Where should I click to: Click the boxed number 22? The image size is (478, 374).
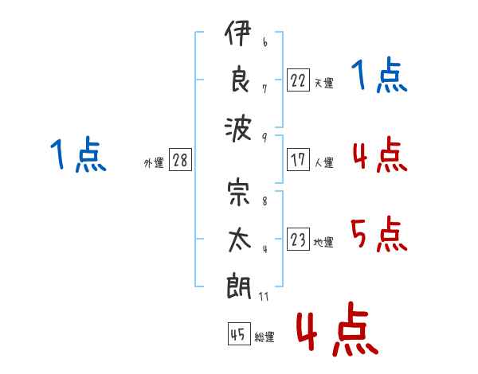(298, 80)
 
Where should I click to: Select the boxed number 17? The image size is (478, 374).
(298, 160)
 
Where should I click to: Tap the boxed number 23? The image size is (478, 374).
(298, 240)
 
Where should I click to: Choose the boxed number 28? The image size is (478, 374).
(180, 161)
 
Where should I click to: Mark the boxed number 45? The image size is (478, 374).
(237, 335)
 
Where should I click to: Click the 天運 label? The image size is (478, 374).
(323, 83)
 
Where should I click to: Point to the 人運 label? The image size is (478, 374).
(323, 162)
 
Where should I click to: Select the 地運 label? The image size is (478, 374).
(323, 242)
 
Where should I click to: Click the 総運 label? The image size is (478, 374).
(264, 337)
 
